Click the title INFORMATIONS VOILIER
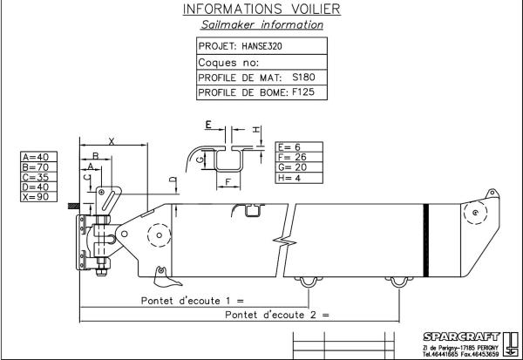click(261, 9)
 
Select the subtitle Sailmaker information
click(261, 24)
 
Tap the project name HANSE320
click(261, 46)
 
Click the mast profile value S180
click(303, 78)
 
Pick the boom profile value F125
click(303, 92)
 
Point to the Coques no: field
click(228, 63)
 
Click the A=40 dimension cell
click(38, 157)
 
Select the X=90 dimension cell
click(38, 197)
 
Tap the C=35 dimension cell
click(38, 177)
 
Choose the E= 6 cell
click(299, 146)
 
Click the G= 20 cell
click(299, 167)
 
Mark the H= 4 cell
click(299, 178)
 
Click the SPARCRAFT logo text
click(461, 336)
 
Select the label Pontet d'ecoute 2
click(270, 315)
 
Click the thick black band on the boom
click(426, 241)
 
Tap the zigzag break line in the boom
click(284, 241)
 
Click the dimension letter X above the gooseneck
click(112, 141)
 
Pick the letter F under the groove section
click(228, 182)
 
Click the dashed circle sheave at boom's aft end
click(476, 213)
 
